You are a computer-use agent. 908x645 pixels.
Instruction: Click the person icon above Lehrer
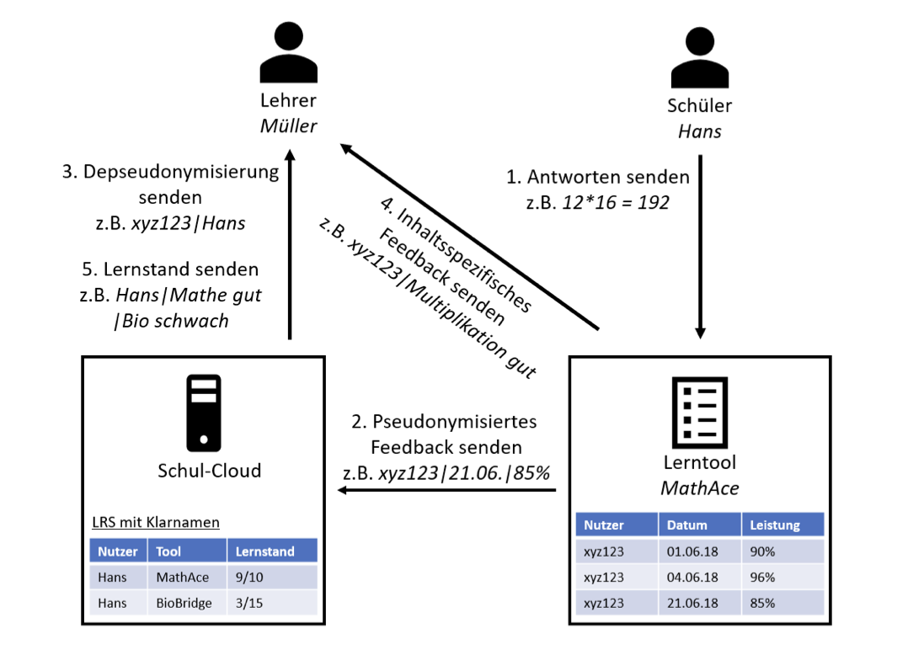288,52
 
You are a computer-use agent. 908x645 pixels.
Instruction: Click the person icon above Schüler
699,57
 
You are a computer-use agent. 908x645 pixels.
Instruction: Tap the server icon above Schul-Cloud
204,413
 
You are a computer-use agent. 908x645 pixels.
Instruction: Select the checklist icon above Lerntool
699,413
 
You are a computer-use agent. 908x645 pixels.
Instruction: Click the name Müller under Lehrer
288,125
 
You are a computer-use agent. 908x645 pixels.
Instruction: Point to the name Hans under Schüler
699,131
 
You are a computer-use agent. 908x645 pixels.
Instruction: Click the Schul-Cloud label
209,470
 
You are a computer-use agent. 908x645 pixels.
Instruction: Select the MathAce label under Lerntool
699,488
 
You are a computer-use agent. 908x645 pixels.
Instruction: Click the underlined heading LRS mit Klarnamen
156,522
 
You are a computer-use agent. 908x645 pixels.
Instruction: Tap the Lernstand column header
264,552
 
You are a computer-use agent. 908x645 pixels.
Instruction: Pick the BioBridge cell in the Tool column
184,603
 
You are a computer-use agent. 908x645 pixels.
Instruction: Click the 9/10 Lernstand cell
249,578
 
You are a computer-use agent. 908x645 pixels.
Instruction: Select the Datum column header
686,525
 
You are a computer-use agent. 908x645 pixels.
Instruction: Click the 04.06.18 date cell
692,578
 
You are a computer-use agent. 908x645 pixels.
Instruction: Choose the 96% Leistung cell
762,578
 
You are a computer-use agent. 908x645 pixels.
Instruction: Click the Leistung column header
775,525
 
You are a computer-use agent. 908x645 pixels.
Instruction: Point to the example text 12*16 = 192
616,202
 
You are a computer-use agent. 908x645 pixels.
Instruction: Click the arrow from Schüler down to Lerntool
700,247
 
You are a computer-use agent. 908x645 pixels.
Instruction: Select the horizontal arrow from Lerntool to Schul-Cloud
446,490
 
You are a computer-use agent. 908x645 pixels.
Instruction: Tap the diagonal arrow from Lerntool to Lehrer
469,237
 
